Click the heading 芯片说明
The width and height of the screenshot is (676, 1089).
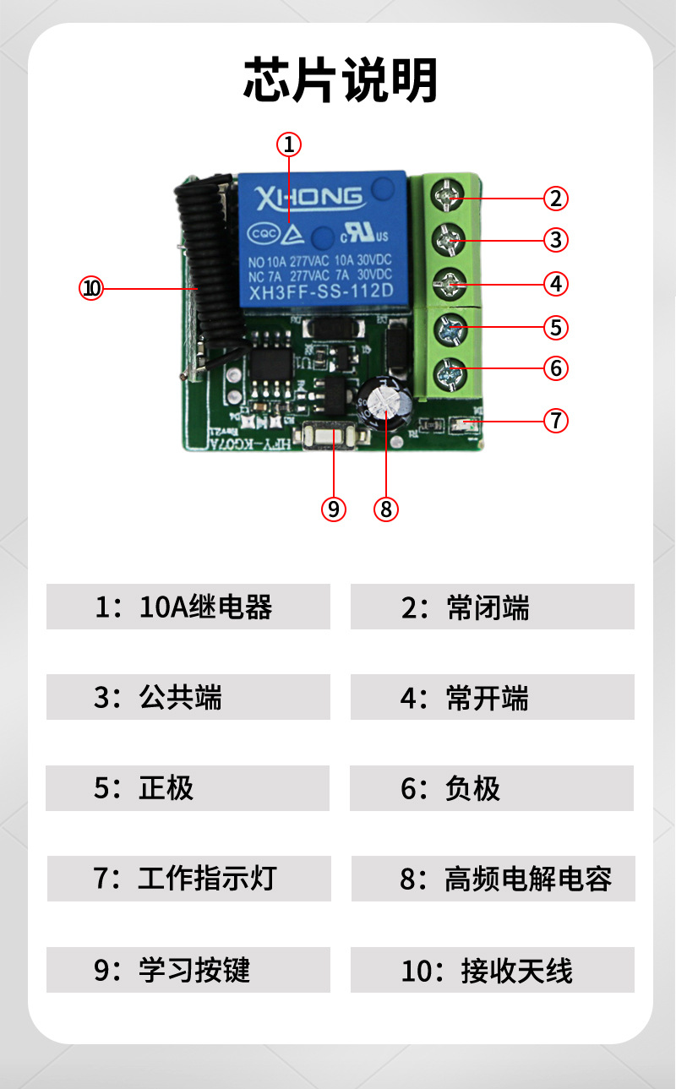[x=341, y=81]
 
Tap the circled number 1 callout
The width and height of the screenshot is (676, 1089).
[x=288, y=144]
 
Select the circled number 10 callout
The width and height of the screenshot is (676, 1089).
[x=91, y=288]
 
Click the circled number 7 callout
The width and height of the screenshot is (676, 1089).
[x=555, y=420]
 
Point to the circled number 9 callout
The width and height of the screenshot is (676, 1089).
[x=334, y=509]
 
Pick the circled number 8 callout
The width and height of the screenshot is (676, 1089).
[x=386, y=509]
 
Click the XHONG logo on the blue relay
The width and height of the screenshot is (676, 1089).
[x=308, y=199]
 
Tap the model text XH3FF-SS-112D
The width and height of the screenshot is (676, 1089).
[x=320, y=293]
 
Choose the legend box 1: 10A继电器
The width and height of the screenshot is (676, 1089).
[x=188, y=607]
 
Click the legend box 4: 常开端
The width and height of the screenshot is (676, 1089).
[x=492, y=697]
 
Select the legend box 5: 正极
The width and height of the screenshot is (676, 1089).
[x=188, y=788]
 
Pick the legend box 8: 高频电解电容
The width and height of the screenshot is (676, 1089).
[x=492, y=879]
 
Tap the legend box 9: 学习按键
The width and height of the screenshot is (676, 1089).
[x=188, y=969]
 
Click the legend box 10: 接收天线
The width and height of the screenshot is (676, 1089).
[x=492, y=969]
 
